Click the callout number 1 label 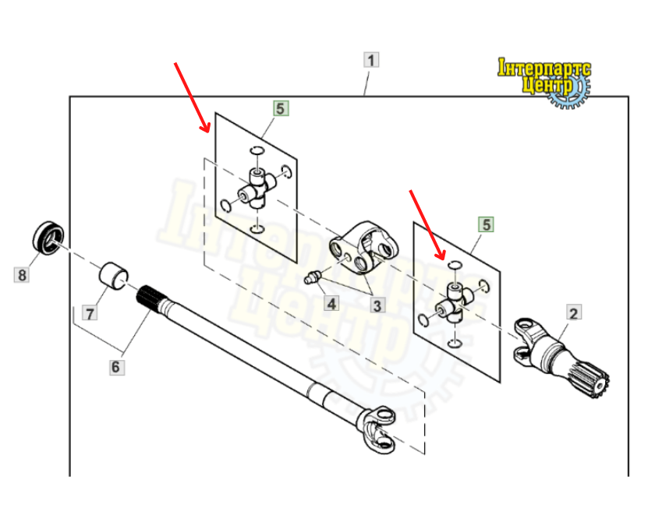371,60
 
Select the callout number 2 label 573,312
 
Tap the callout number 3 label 377,305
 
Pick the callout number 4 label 331,304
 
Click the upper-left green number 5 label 280,108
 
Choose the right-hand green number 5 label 486,224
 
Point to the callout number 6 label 115,367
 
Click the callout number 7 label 90,312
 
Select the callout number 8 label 22,274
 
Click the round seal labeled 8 48,238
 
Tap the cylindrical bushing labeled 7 114,276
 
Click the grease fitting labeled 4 313,277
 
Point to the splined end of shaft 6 150,299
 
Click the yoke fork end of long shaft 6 375,429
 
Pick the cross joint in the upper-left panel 257,189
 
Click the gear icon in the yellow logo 568,92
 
